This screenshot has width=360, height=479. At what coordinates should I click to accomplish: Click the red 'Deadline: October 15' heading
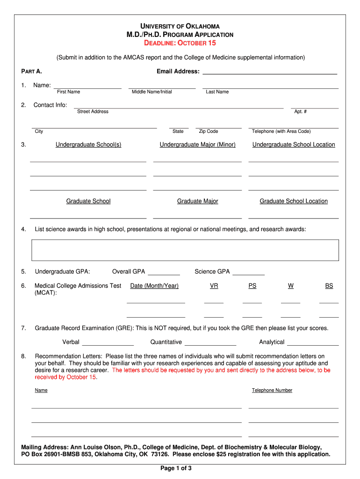(180, 43)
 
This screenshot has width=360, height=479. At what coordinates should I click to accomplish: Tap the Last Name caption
(217, 92)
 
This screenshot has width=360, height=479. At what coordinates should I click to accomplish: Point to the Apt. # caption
(300, 111)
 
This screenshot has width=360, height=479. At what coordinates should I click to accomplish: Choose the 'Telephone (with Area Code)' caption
(281, 131)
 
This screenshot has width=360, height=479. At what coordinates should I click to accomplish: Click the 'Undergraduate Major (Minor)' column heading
(197, 145)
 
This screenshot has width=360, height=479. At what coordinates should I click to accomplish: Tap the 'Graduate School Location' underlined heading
(294, 201)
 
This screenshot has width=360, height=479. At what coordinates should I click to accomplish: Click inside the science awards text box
(185, 250)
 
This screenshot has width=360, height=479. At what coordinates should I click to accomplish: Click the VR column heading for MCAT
(214, 286)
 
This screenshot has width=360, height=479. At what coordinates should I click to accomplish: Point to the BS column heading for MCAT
(329, 286)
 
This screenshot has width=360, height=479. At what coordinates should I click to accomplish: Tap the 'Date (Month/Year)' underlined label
(154, 286)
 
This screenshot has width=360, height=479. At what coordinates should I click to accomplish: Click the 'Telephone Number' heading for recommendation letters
(272, 390)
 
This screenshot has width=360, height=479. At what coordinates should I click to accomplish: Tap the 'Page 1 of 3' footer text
(176, 468)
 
